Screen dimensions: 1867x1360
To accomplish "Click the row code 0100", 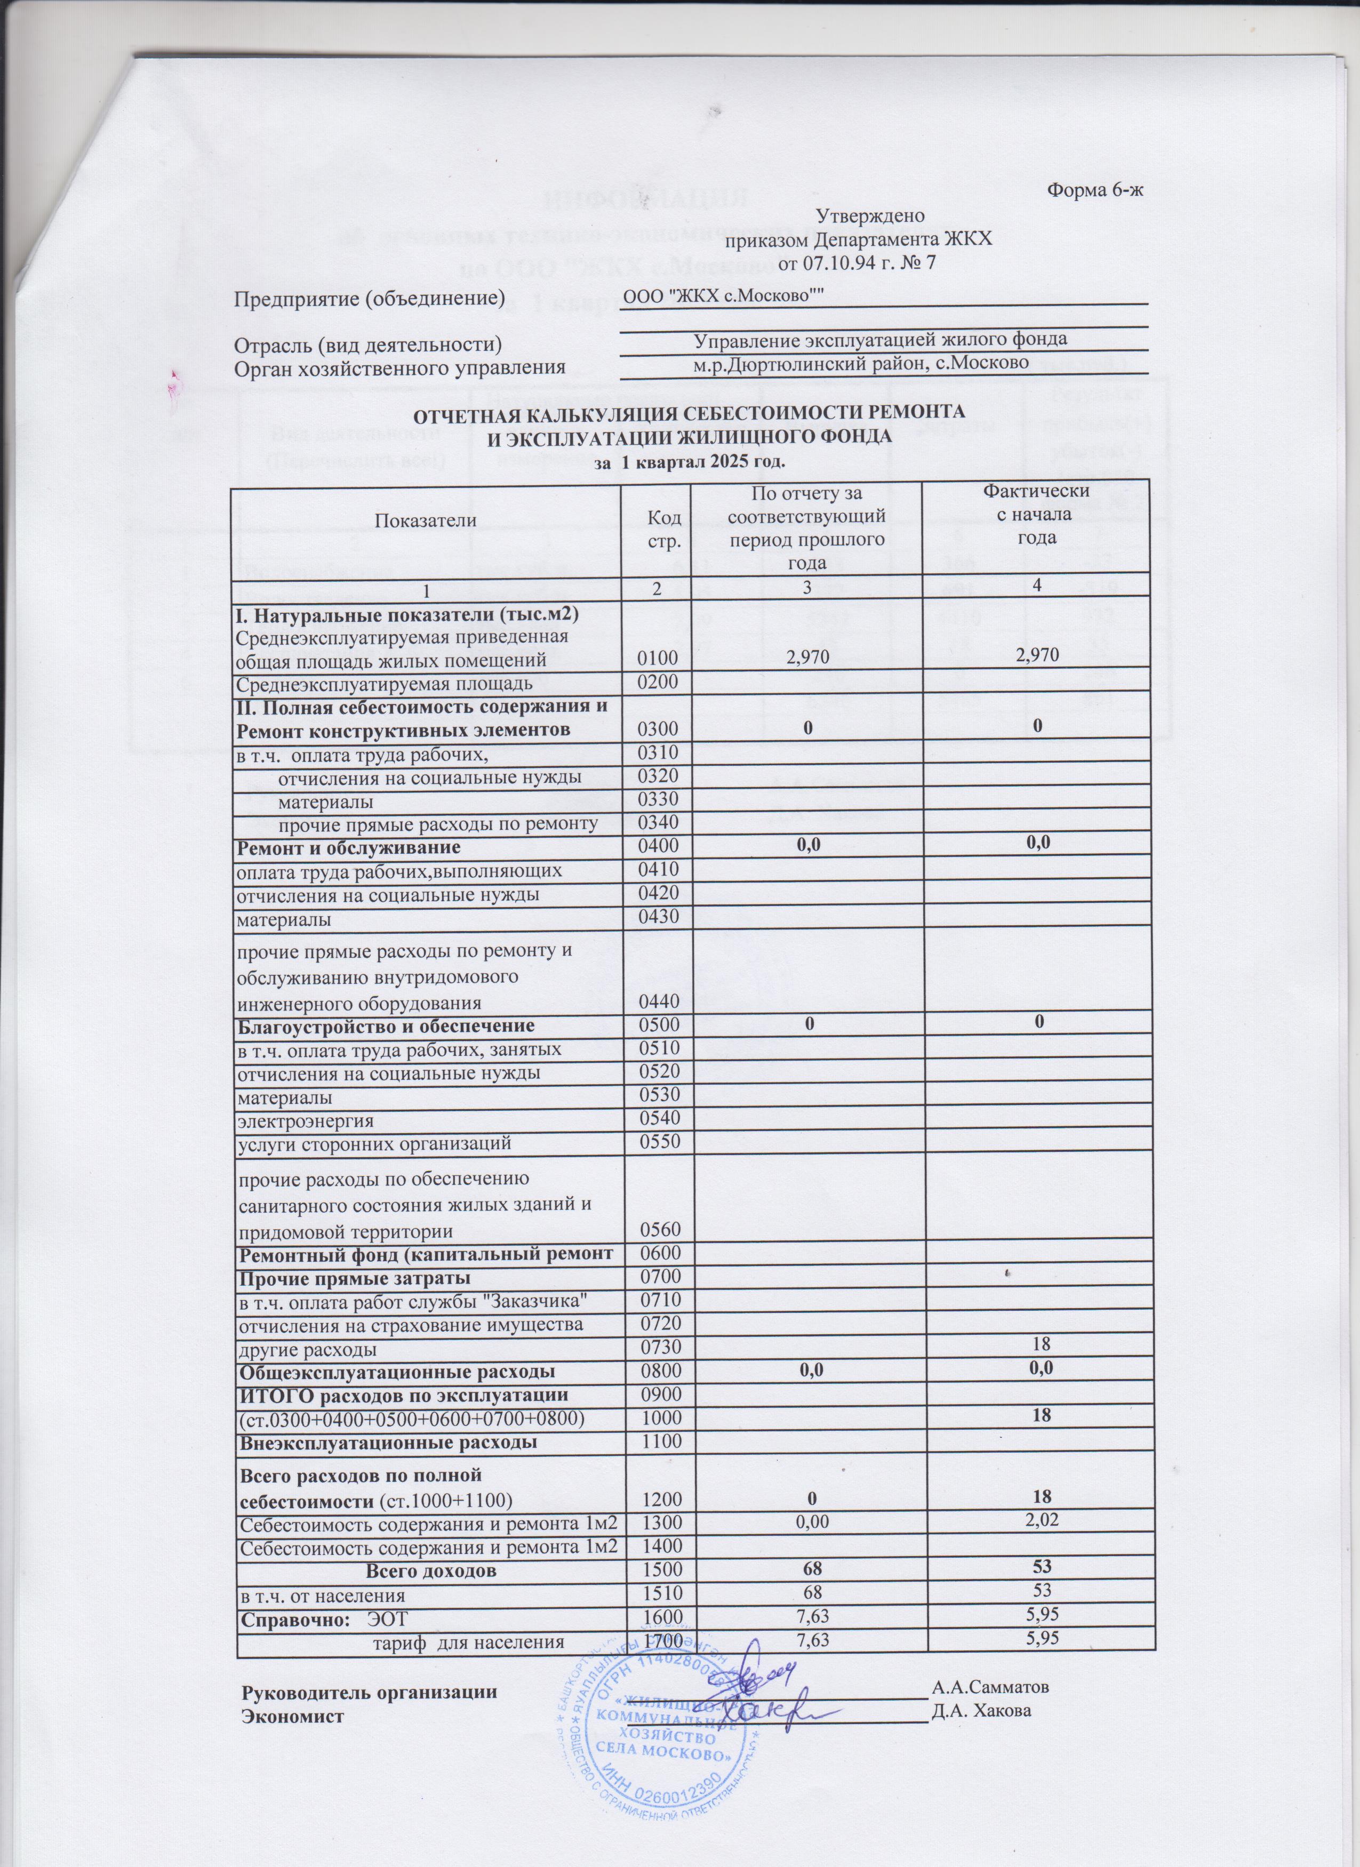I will coord(658,659).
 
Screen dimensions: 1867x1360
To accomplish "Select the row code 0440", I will coord(658,1002).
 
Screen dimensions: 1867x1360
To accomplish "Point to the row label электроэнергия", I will coord(306,1121).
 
